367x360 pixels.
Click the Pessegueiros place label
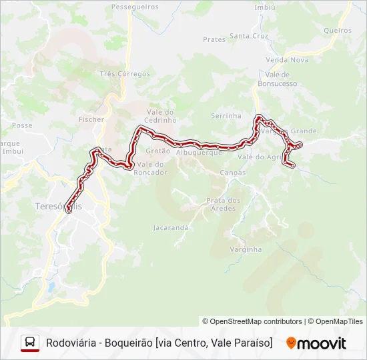135,7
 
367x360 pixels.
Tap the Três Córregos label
125,74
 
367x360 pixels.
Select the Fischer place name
91,119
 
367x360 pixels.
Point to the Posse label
22,125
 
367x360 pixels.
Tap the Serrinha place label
226,115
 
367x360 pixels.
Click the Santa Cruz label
248,36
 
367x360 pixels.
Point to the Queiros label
337,31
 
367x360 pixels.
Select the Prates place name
214,39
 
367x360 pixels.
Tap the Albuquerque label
199,153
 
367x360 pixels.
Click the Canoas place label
232,173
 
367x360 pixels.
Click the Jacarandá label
171,227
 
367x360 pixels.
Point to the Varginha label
246,249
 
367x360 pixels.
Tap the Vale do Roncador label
151,168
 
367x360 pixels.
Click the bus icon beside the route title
30,343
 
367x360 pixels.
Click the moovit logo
316,343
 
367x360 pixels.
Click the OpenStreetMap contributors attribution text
252,321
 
